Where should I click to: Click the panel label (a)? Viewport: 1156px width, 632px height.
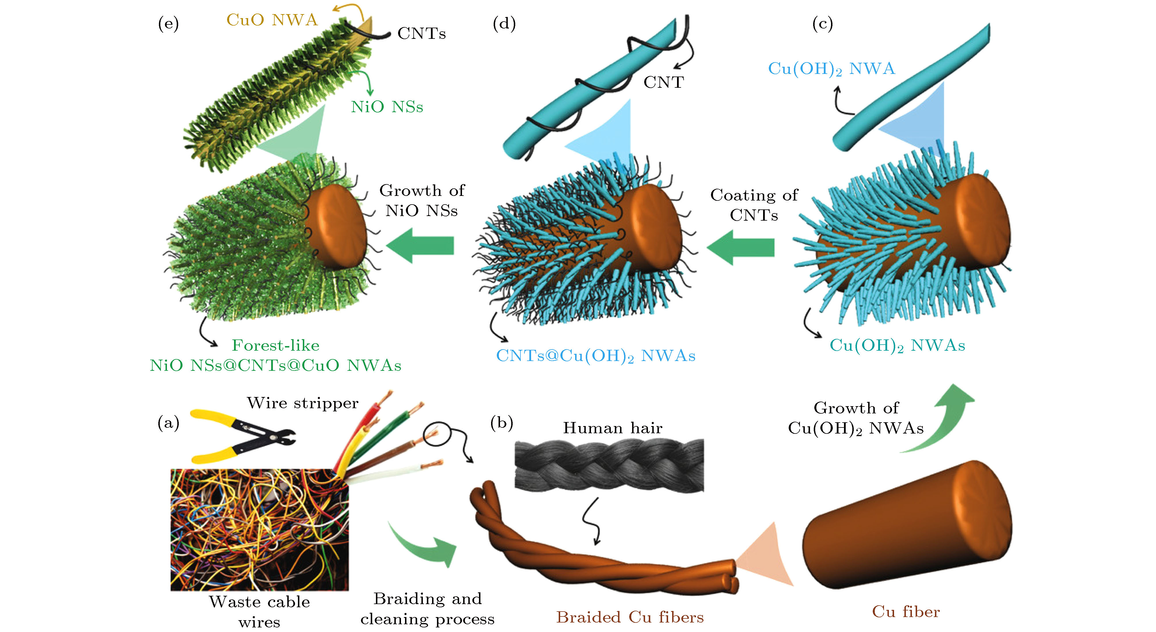(168, 423)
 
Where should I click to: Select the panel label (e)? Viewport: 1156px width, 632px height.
(168, 23)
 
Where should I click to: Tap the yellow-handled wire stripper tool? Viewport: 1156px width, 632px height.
(242, 435)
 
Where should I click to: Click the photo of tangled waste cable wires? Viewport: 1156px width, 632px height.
(259, 530)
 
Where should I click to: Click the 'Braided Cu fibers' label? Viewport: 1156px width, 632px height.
(630, 617)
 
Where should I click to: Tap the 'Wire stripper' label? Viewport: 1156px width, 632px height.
(303, 403)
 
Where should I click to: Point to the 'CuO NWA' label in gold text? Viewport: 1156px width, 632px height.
(272, 20)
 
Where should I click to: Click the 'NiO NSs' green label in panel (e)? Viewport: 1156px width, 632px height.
(387, 107)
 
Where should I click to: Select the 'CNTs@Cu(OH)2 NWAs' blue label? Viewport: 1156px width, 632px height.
(596, 356)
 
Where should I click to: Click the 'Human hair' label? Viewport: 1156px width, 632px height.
(613, 428)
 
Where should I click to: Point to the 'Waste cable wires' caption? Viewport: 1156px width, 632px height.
(259, 611)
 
